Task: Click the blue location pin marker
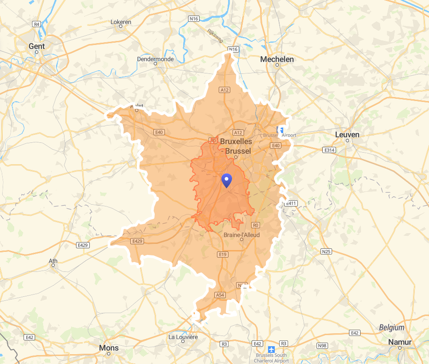(x=227, y=181)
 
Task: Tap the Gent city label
(x=36, y=46)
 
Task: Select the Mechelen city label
(x=277, y=59)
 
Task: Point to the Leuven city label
(x=347, y=134)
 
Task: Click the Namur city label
(x=400, y=342)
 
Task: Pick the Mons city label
(x=109, y=348)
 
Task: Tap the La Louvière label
(x=183, y=337)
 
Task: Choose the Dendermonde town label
(x=155, y=59)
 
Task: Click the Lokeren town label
(x=121, y=21)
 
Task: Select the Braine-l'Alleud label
(x=241, y=235)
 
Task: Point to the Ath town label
(x=53, y=261)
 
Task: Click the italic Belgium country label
(x=392, y=328)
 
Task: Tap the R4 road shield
(x=37, y=24)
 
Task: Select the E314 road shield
(x=329, y=150)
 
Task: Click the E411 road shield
(x=291, y=203)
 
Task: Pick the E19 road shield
(x=223, y=255)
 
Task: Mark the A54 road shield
(x=220, y=295)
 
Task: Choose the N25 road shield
(x=326, y=251)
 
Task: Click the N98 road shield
(x=322, y=346)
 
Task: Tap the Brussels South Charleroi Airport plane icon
(x=272, y=348)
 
